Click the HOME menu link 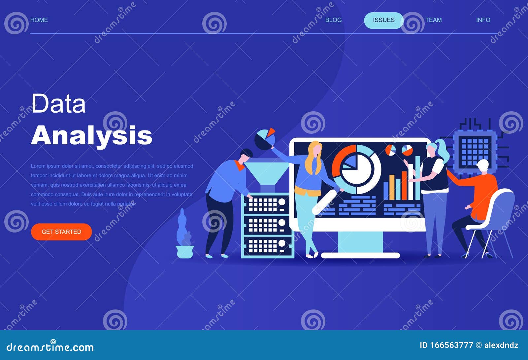click(x=39, y=20)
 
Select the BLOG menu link click(x=333, y=20)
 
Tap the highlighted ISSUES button click(x=383, y=20)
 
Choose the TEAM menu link click(x=433, y=20)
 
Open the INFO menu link click(x=483, y=20)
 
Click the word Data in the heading click(x=58, y=104)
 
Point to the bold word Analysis click(x=91, y=135)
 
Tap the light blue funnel click(x=267, y=172)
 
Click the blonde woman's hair click(x=313, y=157)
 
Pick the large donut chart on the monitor click(x=356, y=169)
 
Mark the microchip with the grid click(x=475, y=151)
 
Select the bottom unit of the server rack click(x=267, y=246)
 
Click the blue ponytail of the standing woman click(x=443, y=150)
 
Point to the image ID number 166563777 click(x=451, y=345)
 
